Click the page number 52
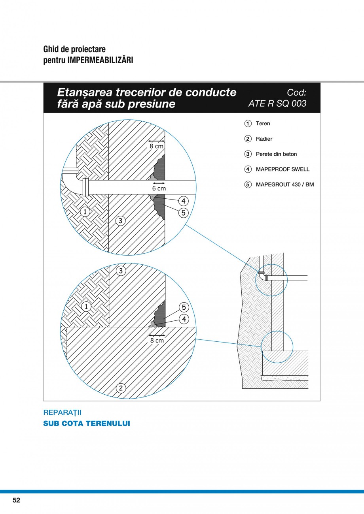[x=16, y=500]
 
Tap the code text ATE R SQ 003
[x=277, y=104]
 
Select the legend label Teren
[x=263, y=124]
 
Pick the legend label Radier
[x=264, y=139]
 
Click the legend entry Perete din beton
[x=276, y=154]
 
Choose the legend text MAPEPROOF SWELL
[x=282, y=169]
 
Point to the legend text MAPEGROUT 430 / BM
[x=285, y=185]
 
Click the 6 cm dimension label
[x=159, y=188]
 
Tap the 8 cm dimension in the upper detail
[x=156, y=146]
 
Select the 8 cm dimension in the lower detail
[x=157, y=340]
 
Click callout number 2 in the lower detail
[x=121, y=388]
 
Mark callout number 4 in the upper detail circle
[x=183, y=201]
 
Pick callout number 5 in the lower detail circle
[x=184, y=307]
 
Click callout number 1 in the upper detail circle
[x=85, y=212]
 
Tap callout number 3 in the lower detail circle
[x=121, y=271]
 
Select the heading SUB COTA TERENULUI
[x=87, y=424]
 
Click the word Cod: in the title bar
[x=296, y=92]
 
